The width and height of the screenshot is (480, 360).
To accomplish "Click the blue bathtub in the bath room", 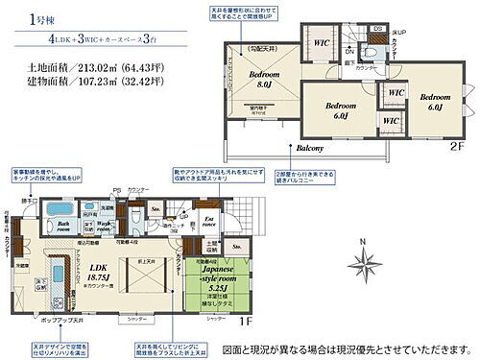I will click(56, 208).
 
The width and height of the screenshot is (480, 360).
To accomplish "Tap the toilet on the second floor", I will click(358, 51).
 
